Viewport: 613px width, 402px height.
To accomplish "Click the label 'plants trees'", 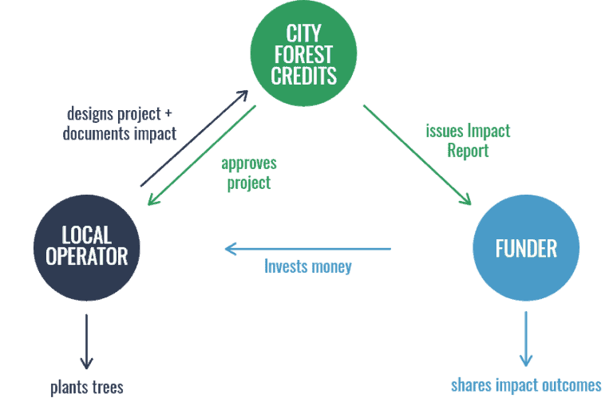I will click(x=87, y=388).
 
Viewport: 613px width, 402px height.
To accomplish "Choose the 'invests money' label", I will click(x=307, y=266).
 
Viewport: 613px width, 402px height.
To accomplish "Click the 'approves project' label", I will click(x=248, y=173).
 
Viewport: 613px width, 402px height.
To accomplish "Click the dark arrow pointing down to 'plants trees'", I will click(x=86, y=342).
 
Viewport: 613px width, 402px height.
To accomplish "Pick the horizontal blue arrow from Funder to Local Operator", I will click(x=307, y=249).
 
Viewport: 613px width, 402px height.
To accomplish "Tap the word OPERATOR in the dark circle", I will click(x=86, y=256).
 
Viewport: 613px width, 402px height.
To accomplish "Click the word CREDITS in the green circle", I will click(x=304, y=76).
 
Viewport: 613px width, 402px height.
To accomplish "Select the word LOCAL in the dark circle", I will click(x=86, y=235).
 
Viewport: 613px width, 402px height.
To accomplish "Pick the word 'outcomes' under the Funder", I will click(x=570, y=385).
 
